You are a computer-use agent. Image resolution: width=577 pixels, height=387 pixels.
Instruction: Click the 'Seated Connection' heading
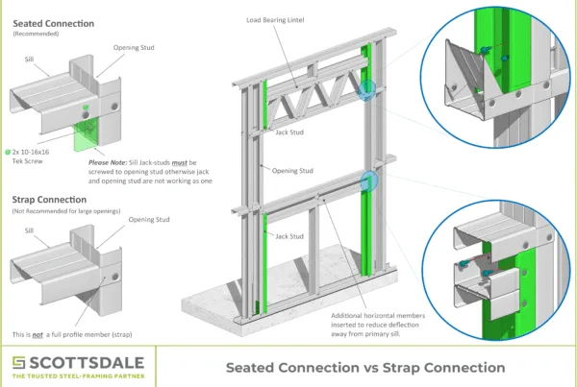(x=53, y=23)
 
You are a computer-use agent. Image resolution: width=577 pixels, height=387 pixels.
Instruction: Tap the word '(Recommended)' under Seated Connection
(x=33, y=34)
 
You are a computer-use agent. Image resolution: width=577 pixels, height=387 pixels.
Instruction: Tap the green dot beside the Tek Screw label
(x=8, y=152)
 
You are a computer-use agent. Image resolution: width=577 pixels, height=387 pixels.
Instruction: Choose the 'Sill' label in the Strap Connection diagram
(x=30, y=230)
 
